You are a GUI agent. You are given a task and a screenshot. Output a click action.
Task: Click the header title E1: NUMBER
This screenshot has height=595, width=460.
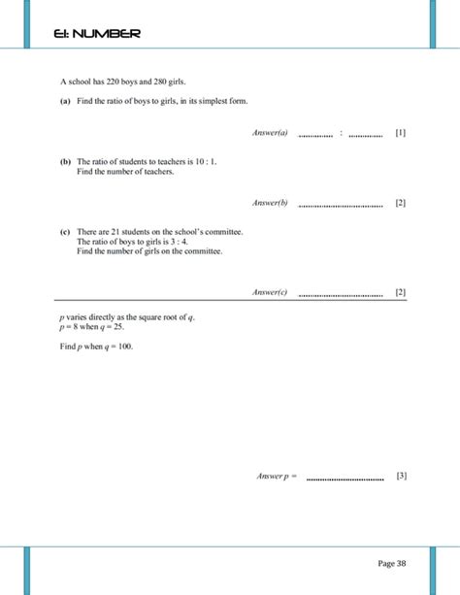[x=97, y=34]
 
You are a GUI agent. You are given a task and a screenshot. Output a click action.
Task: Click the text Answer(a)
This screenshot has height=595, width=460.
[x=270, y=133]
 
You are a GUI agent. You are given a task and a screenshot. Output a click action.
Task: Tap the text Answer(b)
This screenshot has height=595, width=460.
[x=270, y=203]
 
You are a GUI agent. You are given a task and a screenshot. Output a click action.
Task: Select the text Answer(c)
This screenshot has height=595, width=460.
[x=270, y=291]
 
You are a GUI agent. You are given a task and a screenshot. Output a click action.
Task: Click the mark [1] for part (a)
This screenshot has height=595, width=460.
[x=401, y=133]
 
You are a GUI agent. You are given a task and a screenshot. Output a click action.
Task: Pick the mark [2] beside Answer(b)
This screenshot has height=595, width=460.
[x=401, y=203]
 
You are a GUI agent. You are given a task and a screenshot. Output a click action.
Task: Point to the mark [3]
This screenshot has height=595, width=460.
[x=401, y=476]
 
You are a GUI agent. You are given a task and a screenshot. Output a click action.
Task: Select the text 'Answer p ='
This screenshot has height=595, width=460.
[x=277, y=476]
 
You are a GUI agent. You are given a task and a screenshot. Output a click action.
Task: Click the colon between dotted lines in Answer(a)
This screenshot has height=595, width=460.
[x=341, y=133]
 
